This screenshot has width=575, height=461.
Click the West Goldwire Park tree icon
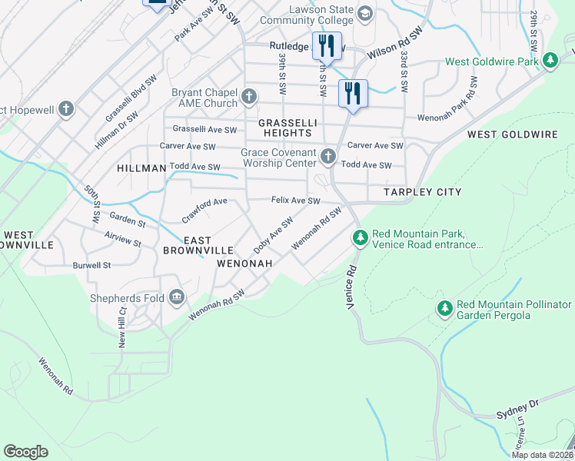point(550,60)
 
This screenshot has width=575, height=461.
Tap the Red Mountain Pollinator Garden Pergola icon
point(444,308)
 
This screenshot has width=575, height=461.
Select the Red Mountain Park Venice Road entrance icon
point(360,239)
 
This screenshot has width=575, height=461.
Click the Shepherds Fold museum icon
point(177,297)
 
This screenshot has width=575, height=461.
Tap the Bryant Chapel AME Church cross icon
point(248,97)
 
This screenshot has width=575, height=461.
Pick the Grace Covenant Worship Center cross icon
point(328,158)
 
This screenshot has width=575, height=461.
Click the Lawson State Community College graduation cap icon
point(364,14)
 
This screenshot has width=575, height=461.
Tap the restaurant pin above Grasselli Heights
point(353,93)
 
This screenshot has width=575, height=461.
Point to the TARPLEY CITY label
point(427,192)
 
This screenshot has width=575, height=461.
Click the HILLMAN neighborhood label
point(141,167)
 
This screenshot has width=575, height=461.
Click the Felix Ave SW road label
point(295,201)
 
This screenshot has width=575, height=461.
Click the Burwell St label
point(93,265)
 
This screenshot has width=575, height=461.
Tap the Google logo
point(25,452)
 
